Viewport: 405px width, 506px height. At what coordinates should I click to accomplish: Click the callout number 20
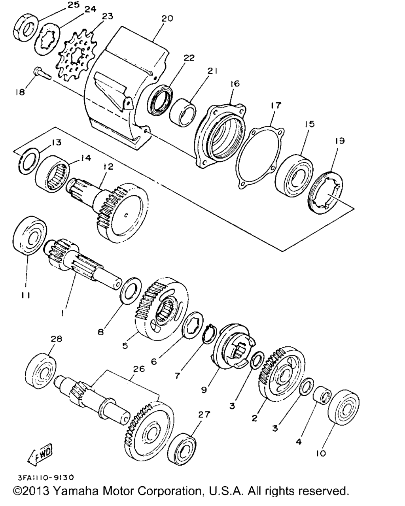(167, 19)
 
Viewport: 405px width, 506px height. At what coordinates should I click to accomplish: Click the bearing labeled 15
(294, 176)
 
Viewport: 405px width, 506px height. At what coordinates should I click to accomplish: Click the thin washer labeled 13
(29, 161)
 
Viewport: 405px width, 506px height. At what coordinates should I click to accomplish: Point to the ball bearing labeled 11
(30, 235)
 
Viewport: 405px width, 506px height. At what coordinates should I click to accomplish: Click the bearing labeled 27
(182, 450)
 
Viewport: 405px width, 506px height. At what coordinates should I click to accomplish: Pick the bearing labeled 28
(40, 372)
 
